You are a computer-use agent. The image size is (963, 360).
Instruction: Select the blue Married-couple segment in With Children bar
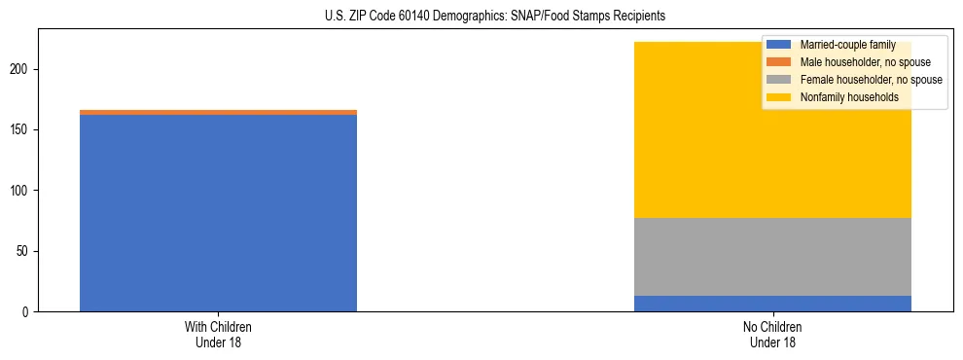(x=218, y=214)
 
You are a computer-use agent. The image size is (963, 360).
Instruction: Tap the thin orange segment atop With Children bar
(x=218, y=113)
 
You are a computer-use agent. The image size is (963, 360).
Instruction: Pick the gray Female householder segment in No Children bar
(x=772, y=257)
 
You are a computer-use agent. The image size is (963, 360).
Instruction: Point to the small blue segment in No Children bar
(x=772, y=304)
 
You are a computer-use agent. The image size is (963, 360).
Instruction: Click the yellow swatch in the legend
(x=779, y=97)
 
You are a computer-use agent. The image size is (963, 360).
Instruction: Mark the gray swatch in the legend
(x=779, y=80)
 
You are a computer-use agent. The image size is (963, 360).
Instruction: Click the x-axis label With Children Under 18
(x=218, y=335)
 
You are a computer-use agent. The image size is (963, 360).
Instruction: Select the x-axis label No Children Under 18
(x=772, y=335)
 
